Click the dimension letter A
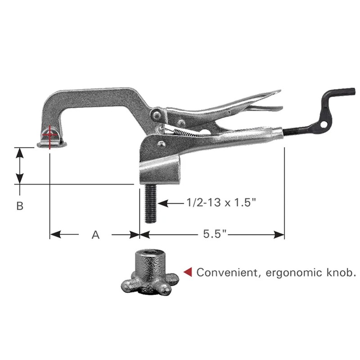(x=95, y=234)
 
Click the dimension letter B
(x=19, y=206)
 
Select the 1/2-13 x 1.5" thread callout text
(x=221, y=203)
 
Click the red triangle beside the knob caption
(x=189, y=271)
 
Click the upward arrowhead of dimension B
(x=19, y=152)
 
